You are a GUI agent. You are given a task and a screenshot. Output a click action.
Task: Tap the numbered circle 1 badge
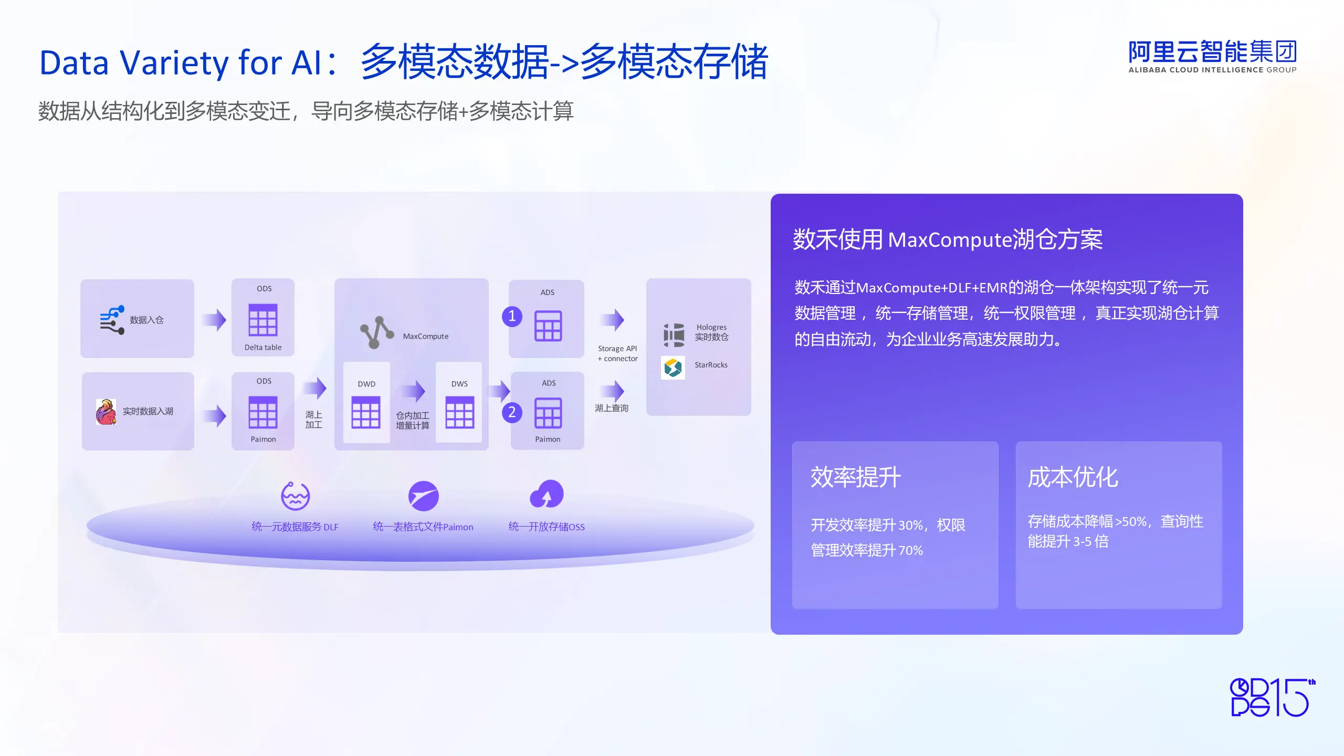pyautogui.click(x=512, y=316)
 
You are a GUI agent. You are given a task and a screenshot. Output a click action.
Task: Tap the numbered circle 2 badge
pyautogui.click(x=512, y=412)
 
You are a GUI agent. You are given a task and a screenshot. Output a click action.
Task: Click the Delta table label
pyautogui.click(x=263, y=347)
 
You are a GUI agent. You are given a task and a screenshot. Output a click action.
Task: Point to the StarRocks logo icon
pyautogui.click(x=673, y=367)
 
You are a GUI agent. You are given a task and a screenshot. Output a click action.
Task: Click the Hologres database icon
pyautogui.click(x=674, y=335)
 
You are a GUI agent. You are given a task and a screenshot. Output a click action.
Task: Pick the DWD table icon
pyautogui.click(x=366, y=413)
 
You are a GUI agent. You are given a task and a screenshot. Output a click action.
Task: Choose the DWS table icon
pyautogui.click(x=459, y=413)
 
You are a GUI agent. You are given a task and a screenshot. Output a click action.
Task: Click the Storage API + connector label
pyautogui.click(x=617, y=353)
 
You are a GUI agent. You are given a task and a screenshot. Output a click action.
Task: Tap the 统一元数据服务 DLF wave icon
pyautogui.click(x=296, y=496)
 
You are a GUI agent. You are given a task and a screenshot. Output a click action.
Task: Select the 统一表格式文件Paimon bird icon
pyautogui.click(x=424, y=496)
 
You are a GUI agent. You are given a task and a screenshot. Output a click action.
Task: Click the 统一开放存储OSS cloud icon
pyautogui.click(x=547, y=494)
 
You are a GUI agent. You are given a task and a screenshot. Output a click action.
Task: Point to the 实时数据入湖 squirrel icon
pyautogui.click(x=106, y=412)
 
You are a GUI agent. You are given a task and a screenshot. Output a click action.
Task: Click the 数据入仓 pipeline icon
pyautogui.click(x=112, y=320)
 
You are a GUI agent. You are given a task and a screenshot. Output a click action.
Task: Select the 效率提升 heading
pyautogui.click(x=856, y=477)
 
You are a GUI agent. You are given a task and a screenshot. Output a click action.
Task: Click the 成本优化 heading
pyautogui.click(x=1073, y=477)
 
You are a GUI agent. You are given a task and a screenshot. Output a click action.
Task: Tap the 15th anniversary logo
pyautogui.click(x=1273, y=697)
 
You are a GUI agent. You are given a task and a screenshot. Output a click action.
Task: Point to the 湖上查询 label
pyautogui.click(x=612, y=408)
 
